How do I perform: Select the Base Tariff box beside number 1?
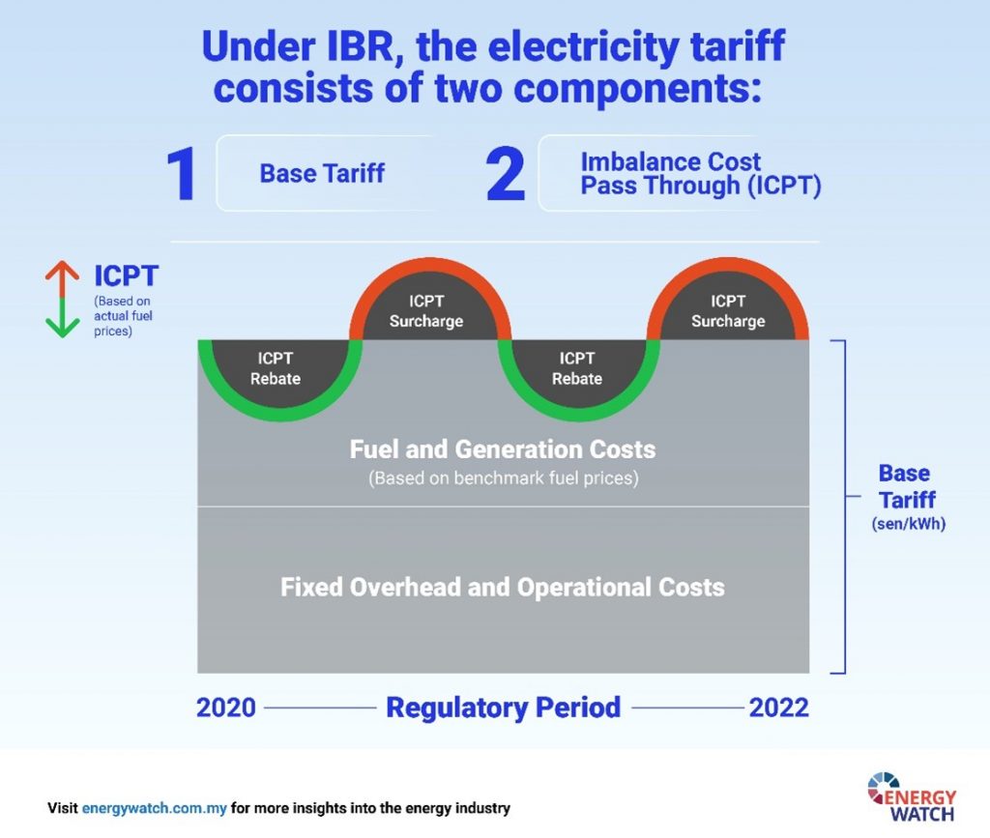pos(322,173)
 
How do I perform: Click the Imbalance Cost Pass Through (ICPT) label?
pos(700,174)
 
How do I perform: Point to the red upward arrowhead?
pos(62,269)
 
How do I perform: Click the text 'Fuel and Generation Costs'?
pos(503,449)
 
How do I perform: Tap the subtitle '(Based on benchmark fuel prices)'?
pos(503,478)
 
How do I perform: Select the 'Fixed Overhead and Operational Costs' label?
pos(503,587)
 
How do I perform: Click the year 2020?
pos(226,708)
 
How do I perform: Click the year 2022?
pos(778,708)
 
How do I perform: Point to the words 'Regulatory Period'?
pos(503,708)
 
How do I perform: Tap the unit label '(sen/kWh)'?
pos(905,524)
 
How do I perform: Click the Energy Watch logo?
pos(912,795)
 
